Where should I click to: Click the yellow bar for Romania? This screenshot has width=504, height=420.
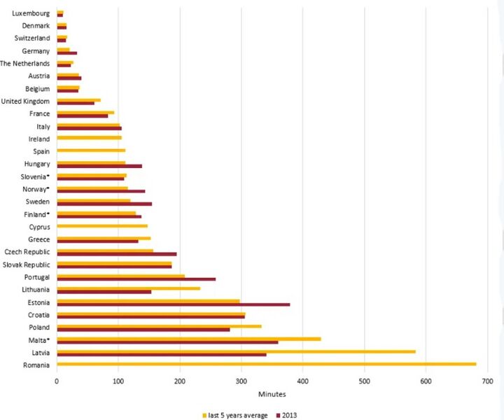pos(266,363)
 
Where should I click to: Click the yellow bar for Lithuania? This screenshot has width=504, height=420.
pos(110,288)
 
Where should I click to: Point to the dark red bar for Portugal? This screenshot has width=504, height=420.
pos(118,279)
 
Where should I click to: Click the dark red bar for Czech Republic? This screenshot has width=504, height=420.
pos(96,254)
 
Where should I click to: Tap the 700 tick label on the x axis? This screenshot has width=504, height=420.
pos(487,381)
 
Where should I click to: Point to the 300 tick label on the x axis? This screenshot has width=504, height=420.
pos(241,381)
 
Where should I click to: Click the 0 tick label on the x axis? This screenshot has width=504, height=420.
pos(57,381)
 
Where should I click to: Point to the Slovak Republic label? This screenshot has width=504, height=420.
pos(27,265)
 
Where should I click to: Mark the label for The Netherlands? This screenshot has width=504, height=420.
pos(25,64)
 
